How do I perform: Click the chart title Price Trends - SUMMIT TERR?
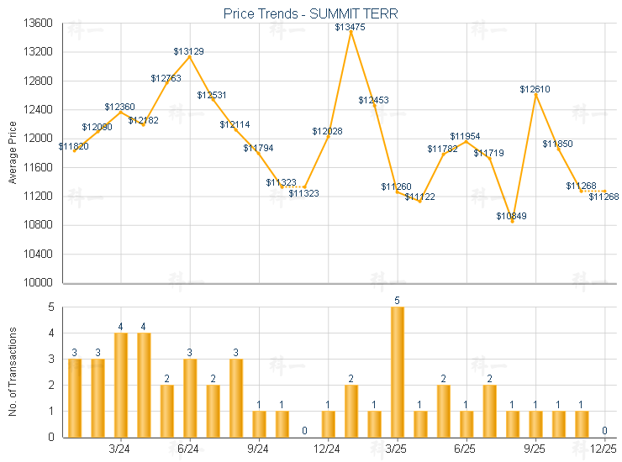(310, 13)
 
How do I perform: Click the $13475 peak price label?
(350, 27)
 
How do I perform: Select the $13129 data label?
(189, 51)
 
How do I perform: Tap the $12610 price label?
(535, 89)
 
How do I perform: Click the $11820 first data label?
(74, 146)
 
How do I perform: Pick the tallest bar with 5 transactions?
(397, 371)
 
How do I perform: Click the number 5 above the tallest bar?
(397, 300)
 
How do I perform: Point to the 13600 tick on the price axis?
(40, 23)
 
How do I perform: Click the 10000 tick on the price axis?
(40, 283)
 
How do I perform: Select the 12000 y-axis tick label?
(40, 139)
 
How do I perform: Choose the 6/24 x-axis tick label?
(189, 449)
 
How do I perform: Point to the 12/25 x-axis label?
(604, 449)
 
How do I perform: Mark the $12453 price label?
(373, 100)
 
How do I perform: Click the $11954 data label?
(465, 136)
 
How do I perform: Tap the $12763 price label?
(166, 78)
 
